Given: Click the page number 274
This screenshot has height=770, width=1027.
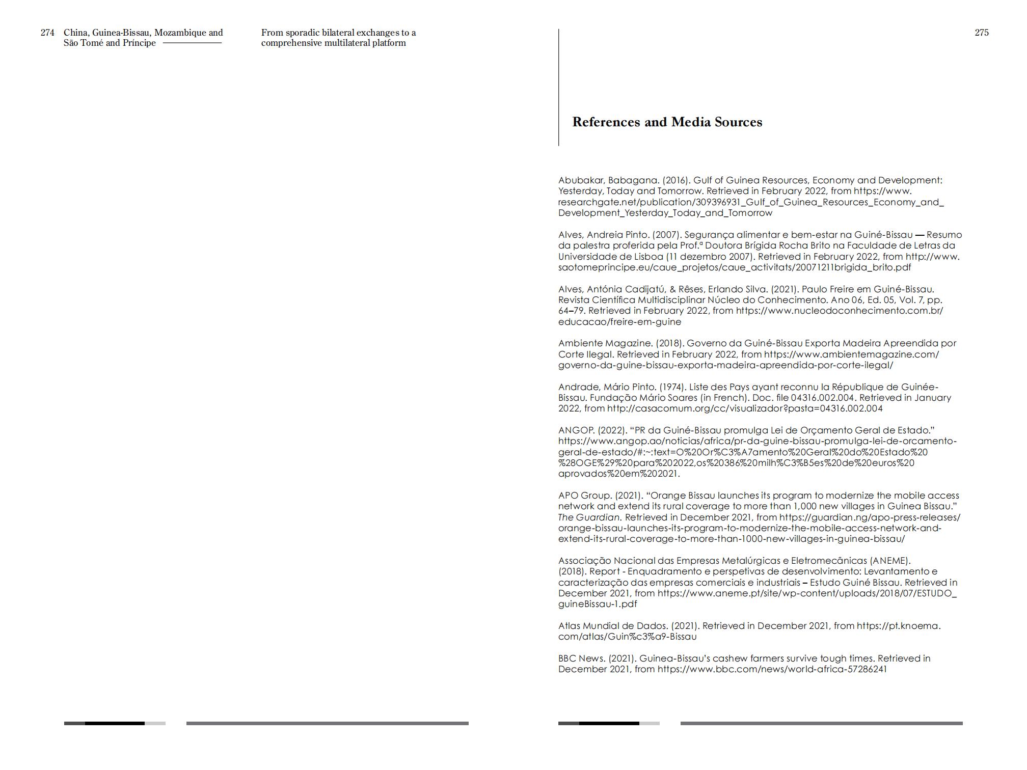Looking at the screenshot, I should click(x=47, y=33).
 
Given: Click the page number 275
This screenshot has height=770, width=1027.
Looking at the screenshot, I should click(x=981, y=33).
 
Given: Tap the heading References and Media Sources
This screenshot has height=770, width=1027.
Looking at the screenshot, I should click(x=667, y=122).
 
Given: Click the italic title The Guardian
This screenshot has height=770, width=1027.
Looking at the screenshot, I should click(x=589, y=517).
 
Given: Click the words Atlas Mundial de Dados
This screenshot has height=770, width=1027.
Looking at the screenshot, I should click(x=612, y=626).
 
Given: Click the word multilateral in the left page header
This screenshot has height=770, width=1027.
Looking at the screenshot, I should click(x=349, y=43).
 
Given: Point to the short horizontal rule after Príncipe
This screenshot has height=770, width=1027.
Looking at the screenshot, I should click(x=192, y=43).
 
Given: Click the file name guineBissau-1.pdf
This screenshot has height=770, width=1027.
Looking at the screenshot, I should click(x=598, y=604).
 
